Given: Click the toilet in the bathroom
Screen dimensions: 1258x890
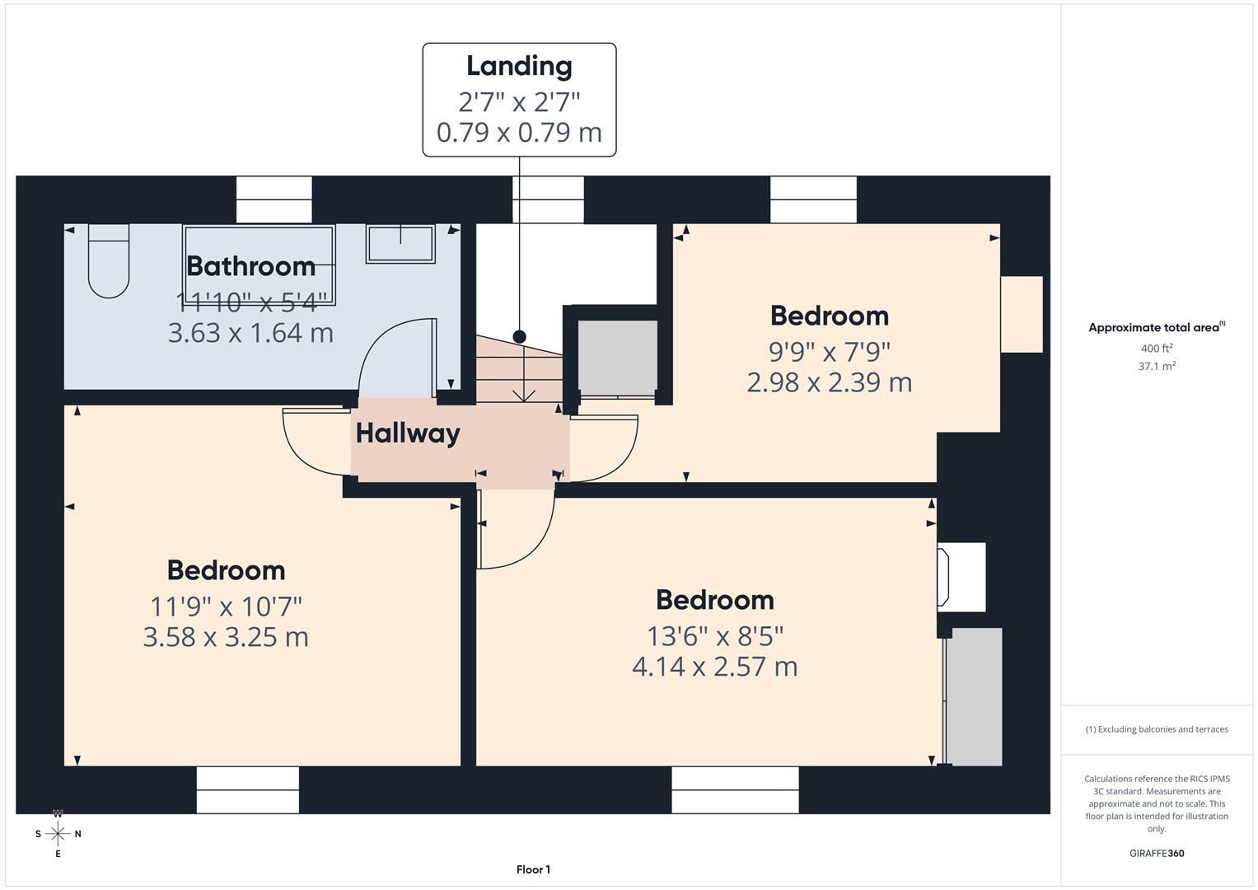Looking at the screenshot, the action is (109, 260).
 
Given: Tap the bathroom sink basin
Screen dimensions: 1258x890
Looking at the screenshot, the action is (400, 244).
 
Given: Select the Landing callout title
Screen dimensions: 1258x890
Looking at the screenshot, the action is (520, 67).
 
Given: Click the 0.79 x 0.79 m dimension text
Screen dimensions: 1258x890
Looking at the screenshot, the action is (520, 133).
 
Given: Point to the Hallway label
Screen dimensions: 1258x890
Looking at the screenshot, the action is (409, 433).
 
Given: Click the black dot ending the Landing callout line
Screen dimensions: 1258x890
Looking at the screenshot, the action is (520, 336).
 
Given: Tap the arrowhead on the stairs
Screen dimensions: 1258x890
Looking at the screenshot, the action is (523, 396).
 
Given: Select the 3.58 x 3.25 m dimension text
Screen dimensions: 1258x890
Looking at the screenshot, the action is (226, 637).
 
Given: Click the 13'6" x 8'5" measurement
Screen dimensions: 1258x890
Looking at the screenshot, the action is (715, 636).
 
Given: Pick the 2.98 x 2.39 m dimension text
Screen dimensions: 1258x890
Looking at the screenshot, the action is (830, 382).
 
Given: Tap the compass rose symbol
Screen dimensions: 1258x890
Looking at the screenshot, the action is (58, 834).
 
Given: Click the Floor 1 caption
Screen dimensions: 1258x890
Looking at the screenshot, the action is (534, 869).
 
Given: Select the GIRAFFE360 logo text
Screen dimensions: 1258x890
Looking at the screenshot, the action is (1157, 854).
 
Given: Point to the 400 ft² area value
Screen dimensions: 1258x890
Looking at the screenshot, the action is (1157, 349).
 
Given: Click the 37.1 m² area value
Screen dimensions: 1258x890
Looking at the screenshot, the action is (1157, 367).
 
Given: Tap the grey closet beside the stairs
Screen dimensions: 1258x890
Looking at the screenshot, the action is (617, 358).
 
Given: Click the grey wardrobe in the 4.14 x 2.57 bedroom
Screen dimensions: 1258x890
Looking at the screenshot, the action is (975, 696).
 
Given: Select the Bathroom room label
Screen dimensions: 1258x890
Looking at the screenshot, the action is (251, 266).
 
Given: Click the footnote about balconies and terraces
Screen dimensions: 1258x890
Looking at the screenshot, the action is (1157, 729).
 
